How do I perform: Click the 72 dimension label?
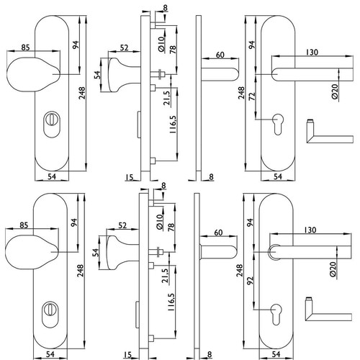click(x=252, y=96)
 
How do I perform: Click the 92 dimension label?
click(x=251, y=282)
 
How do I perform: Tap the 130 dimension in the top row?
click(x=312, y=52)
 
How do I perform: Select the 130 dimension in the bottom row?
click(x=310, y=230)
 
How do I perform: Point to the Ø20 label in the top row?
click(x=335, y=91)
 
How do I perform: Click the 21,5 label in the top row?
click(x=166, y=98)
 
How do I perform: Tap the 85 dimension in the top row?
click(x=26, y=48)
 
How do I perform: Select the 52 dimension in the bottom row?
click(x=122, y=225)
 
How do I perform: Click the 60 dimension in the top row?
click(x=220, y=55)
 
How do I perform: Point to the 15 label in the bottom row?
click(x=129, y=354)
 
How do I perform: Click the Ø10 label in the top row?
click(x=161, y=44)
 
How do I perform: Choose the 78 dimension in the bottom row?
click(x=171, y=227)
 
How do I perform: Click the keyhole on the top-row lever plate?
click(x=278, y=124)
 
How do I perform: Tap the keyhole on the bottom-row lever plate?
click(x=276, y=315)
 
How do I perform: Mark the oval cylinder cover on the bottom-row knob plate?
click(x=50, y=315)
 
